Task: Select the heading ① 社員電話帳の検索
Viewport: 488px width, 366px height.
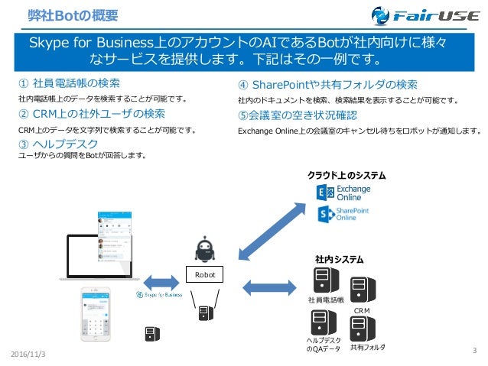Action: pyautogui.click(x=75, y=83)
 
